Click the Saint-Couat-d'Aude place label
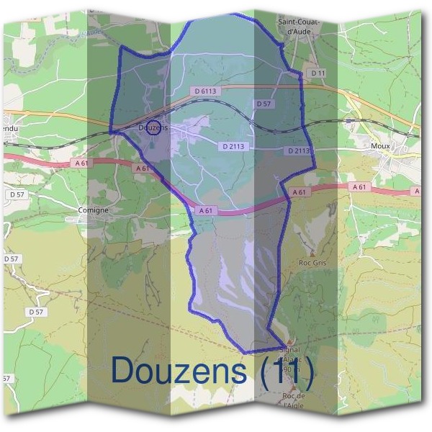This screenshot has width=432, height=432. tap(298, 27)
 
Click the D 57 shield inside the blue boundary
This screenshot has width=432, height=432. tap(264, 104)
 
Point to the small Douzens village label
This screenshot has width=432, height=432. tap(152, 128)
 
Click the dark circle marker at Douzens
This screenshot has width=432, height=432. tap(153, 128)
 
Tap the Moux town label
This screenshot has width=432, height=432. tap(380, 146)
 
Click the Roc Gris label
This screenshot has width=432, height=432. tap(312, 263)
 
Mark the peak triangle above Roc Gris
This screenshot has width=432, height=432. tap(312, 253)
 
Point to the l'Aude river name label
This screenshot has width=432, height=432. tap(91, 33)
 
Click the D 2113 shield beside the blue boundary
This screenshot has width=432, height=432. tap(298, 151)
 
